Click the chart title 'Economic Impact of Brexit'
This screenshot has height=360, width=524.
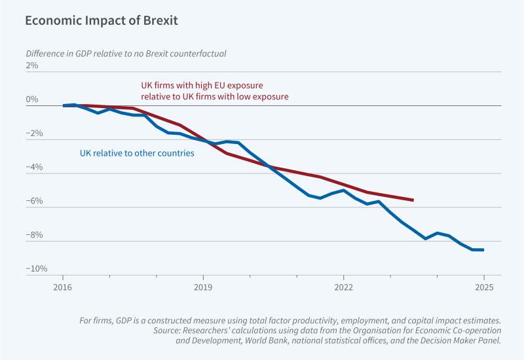(x=101, y=20)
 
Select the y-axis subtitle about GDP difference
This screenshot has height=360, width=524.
(x=130, y=53)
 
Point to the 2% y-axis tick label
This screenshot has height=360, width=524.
(x=32, y=65)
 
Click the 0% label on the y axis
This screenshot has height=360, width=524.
(x=32, y=99)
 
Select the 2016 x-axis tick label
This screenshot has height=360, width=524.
(x=62, y=287)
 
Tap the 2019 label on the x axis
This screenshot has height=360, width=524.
(x=203, y=287)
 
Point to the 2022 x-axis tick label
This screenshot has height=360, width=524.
(x=343, y=287)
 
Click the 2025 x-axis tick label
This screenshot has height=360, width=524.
(x=483, y=287)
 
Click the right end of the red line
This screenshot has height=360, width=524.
(x=413, y=200)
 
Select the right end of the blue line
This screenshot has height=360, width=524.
(x=483, y=249)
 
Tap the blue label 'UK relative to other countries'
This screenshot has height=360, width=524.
(x=137, y=154)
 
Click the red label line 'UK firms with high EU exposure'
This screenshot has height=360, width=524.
(x=202, y=86)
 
